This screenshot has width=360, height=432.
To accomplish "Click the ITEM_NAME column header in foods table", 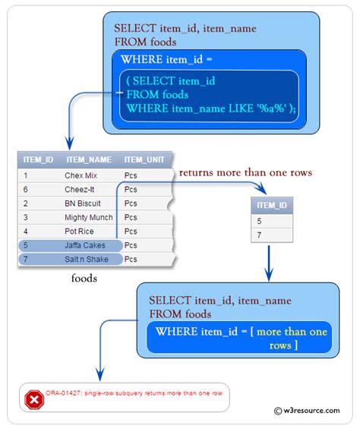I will point(89,159).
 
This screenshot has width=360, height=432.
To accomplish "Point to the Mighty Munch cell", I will point(88,217).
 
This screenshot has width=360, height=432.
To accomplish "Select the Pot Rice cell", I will point(79,231).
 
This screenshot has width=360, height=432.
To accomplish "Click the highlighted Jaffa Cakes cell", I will point(85,245).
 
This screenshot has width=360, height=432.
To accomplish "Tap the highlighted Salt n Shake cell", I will point(87,260).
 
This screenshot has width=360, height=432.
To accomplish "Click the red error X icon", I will point(33,399).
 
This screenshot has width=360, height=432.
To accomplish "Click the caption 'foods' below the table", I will point(84,279).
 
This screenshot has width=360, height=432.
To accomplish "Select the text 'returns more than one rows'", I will point(245,173).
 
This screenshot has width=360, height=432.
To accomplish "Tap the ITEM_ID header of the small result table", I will point(272,205).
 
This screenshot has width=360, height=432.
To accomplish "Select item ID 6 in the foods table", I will point(26,189).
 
